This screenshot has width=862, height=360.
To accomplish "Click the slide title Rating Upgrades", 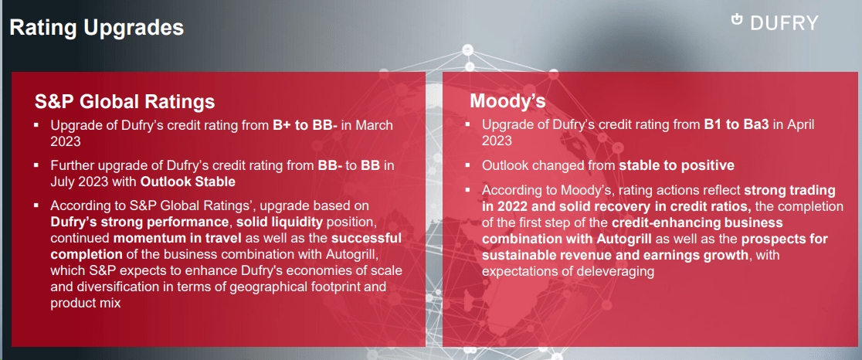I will (x=97, y=29).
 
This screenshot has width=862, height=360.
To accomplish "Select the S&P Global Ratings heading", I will (x=124, y=102).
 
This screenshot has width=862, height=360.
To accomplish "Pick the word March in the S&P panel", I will (x=373, y=125).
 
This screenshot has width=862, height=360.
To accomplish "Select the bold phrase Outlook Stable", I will (x=188, y=182).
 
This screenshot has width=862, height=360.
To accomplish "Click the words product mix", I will (x=86, y=303).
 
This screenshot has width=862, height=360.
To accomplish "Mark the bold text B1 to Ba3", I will (x=736, y=124).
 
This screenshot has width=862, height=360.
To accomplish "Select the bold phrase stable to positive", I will (x=677, y=165).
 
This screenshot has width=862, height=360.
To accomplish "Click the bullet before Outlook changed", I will (x=468, y=165).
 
